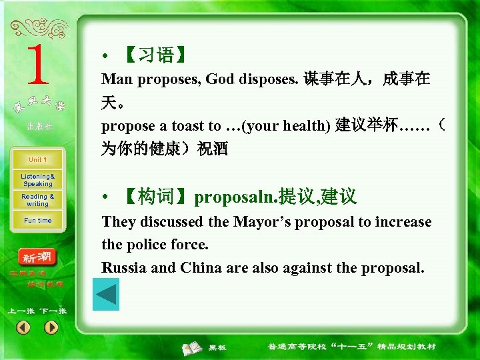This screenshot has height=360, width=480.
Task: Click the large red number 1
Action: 38,66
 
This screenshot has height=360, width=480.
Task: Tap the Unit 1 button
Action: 37,160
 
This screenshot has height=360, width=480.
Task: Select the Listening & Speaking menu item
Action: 37,180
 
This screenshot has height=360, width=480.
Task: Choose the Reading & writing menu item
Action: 37,200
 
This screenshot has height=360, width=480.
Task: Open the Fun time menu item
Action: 37,221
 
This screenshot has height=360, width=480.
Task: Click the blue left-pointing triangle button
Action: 105,294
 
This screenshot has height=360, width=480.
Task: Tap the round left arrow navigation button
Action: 23,327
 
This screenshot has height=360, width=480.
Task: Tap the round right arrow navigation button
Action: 51,327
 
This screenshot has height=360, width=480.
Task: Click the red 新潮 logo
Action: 39,257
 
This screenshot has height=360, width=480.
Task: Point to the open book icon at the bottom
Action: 193,347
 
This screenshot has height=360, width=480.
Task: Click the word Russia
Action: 123,268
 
